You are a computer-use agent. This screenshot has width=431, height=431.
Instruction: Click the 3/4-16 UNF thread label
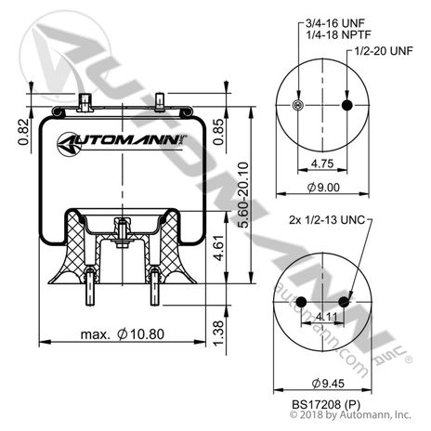coord(321,22)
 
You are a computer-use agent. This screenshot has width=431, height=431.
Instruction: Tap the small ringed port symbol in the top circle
coord(296,105)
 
